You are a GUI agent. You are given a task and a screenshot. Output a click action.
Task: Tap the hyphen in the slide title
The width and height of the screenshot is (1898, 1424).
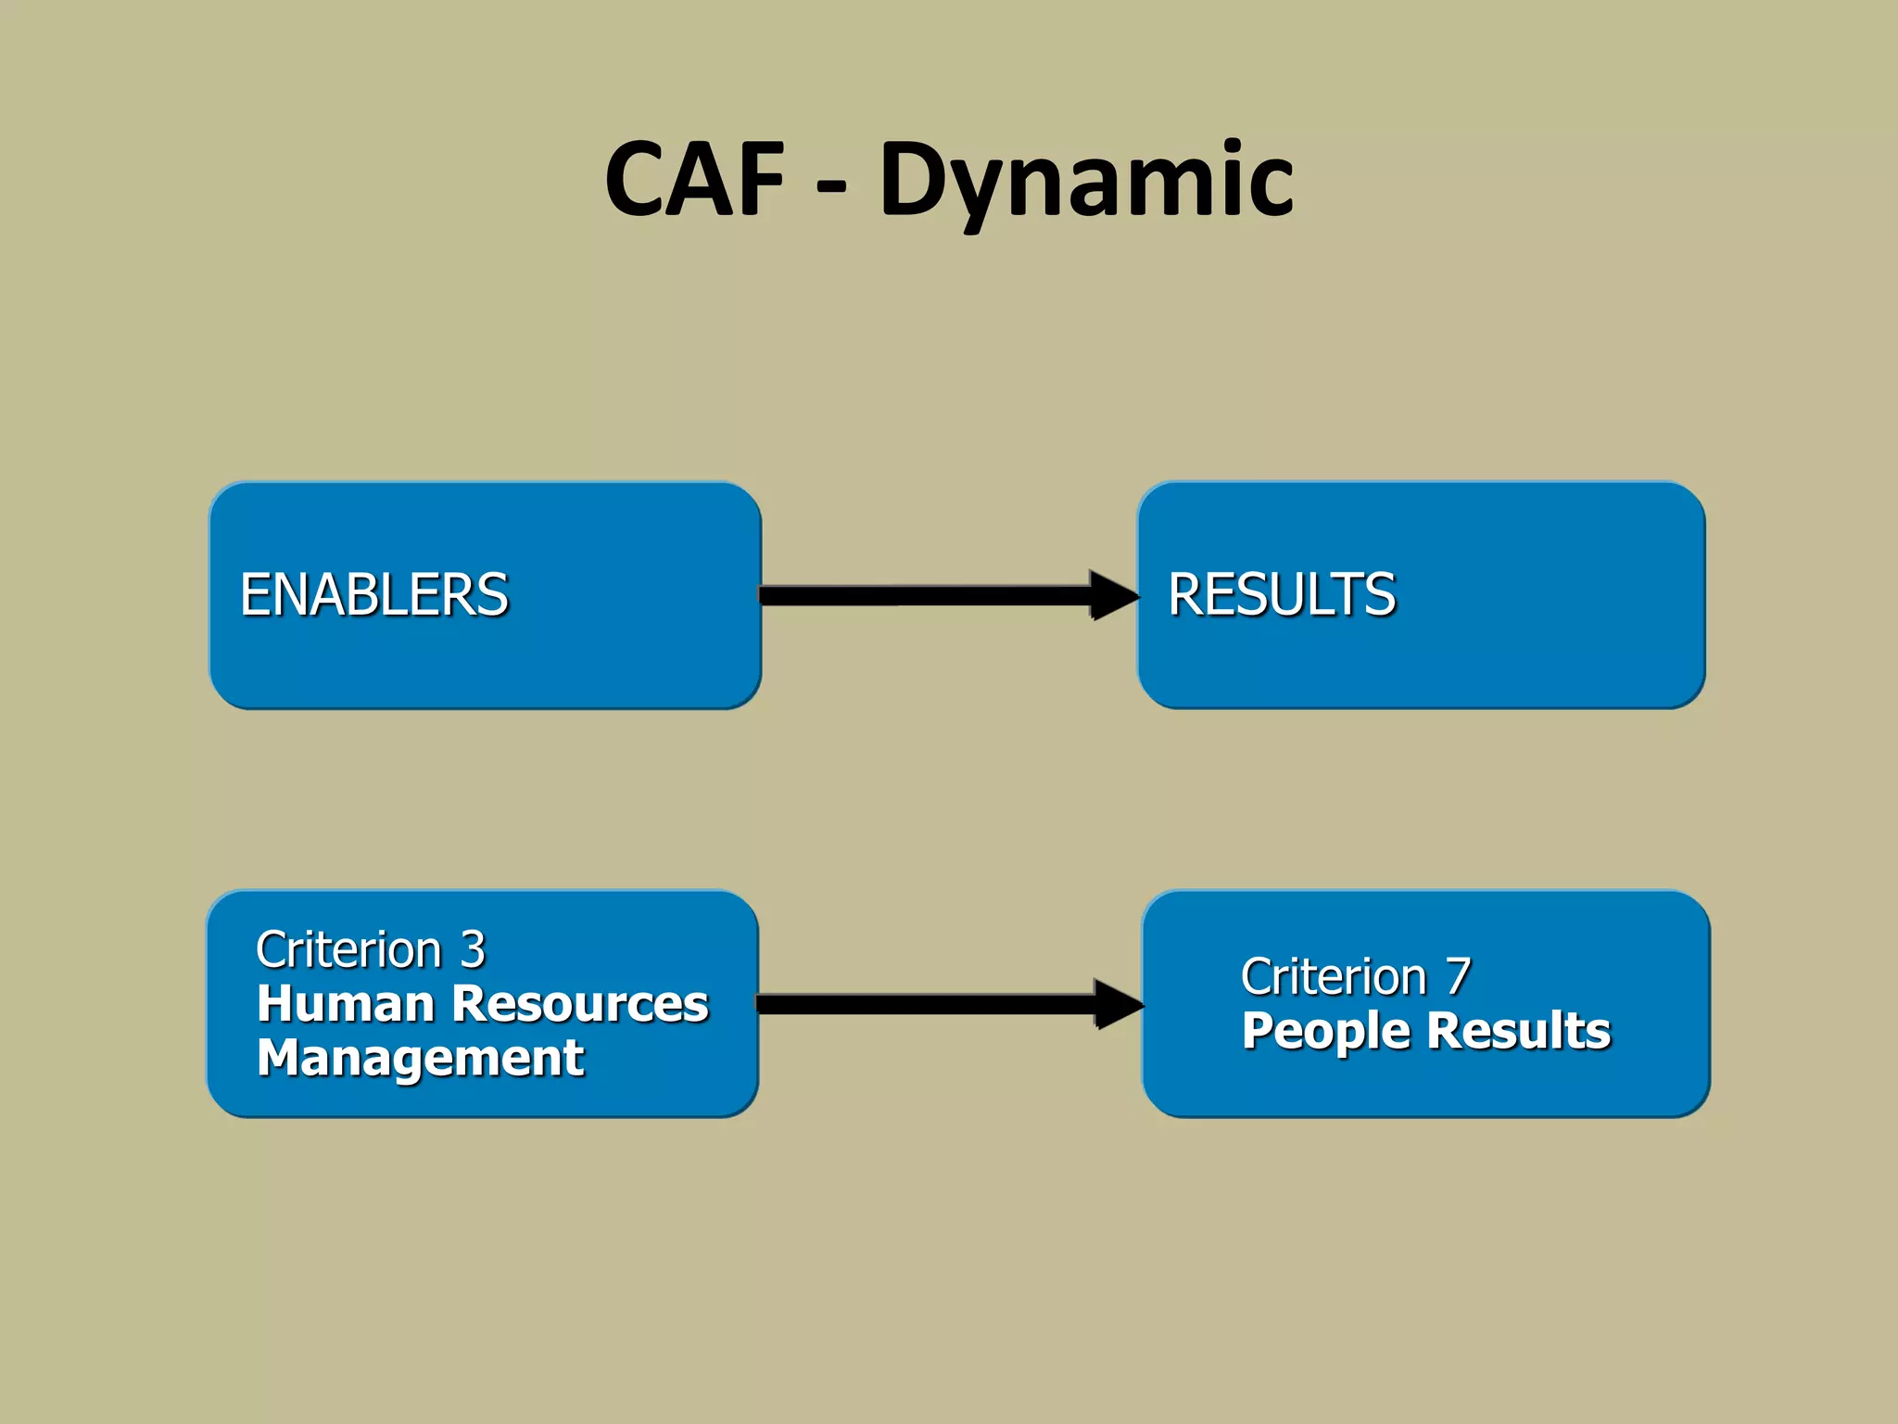[831, 185]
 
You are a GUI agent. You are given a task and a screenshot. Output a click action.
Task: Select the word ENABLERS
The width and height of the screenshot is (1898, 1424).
[373, 595]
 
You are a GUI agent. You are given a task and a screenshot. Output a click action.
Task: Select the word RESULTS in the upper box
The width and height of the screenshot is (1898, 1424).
[1281, 595]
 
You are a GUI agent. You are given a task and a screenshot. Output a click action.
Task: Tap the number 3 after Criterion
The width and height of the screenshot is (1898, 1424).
[473, 949]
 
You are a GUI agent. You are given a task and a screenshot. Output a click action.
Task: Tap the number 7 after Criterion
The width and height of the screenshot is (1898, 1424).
[1458, 976]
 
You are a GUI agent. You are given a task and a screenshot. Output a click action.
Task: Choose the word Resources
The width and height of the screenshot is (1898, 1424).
[581, 1004]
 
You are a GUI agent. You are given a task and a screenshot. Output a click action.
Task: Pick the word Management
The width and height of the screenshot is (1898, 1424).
[420, 1058]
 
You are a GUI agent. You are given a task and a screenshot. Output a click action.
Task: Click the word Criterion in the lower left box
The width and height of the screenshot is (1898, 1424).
[348, 949]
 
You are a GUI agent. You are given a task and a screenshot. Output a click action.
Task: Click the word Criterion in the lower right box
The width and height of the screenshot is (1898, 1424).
[1334, 976]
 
